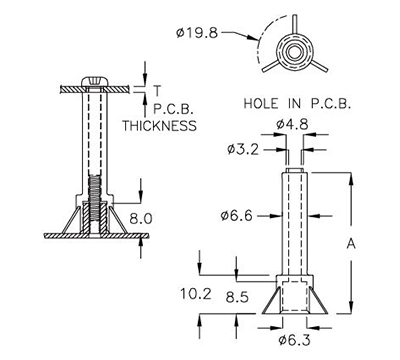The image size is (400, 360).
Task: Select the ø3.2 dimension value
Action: pyautogui.click(x=242, y=150)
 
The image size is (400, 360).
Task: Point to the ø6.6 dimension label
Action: pyautogui.click(x=237, y=215)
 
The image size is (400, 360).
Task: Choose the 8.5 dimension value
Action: pyautogui.click(x=237, y=297)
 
